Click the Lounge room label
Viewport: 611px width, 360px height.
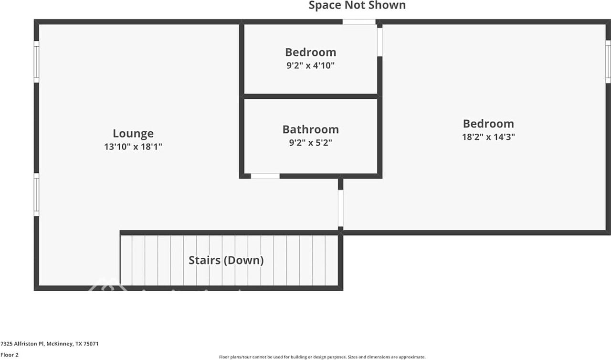click(133, 134)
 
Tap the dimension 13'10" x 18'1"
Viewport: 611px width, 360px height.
click(133, 147)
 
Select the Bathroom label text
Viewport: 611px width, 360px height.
click(310, 129)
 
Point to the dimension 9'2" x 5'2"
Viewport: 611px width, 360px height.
click(310, 142)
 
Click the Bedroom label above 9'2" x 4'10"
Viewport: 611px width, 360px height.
click(310, 52)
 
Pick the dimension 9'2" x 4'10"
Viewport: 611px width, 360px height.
click(310, 65)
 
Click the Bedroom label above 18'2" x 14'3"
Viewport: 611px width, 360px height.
click(488, 124)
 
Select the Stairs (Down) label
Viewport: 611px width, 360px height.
click(226, 260)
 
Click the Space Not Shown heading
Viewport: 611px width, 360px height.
click(357, 6)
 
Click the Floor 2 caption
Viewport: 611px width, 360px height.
click(10, 355)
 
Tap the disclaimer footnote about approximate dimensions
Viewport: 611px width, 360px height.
click(322, 357)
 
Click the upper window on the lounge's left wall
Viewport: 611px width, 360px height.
click(36, 62)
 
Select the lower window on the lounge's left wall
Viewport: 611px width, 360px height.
click(36, 194)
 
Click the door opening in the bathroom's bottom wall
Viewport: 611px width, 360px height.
click(265, 176)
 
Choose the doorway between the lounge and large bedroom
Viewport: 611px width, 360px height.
click(340, 208)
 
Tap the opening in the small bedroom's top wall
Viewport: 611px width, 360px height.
click(359, 22)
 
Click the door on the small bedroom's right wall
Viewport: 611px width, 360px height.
click(380, 41)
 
